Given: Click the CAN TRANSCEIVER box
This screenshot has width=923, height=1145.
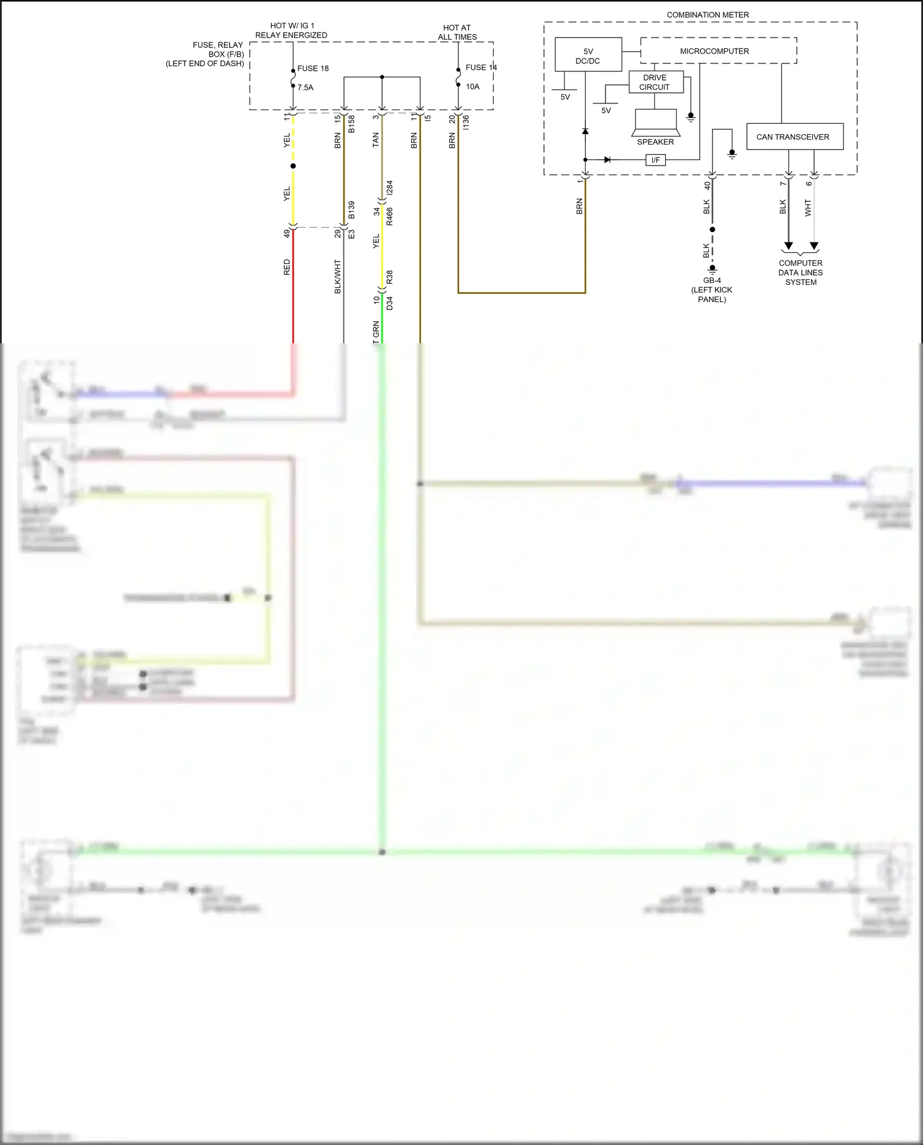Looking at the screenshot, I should coord(794,137).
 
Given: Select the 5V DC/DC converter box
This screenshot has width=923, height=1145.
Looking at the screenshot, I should coord(588,55).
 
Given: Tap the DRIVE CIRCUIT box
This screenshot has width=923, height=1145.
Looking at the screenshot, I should coord(655,82).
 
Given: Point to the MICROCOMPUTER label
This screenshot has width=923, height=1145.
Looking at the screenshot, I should coord(714,51).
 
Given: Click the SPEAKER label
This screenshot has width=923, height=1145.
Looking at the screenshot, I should coord(655,142).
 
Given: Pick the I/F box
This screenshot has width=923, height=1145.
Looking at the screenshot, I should coord(655,160).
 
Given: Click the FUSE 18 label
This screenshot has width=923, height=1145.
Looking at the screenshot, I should coord(313,68).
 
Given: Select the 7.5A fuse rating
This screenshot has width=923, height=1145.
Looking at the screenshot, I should coord(305,87).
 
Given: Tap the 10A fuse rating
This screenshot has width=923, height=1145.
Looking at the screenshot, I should coord(473,87).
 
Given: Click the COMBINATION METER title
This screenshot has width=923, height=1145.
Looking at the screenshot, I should coord(708,15).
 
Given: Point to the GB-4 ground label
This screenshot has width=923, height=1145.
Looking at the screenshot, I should coord(712,281).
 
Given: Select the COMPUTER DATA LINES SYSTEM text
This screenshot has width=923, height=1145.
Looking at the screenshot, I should coord(801,273).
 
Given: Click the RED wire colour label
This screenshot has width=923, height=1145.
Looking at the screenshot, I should coord(287,267).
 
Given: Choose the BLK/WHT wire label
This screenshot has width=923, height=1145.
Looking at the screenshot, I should coord(337,276).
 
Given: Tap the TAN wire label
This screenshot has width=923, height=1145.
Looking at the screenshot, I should coord(375,140).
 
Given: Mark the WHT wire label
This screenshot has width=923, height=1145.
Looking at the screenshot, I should coord(808,208).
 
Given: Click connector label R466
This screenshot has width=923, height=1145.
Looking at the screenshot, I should coord(390,217).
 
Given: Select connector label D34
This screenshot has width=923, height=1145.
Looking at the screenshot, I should coord(390,303).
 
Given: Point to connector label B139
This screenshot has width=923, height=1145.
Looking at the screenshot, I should coord(351,210).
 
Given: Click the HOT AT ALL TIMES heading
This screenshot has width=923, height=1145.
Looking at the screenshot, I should coord(457,32).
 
